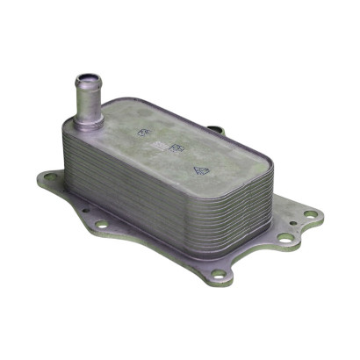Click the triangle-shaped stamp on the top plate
coord(200,172)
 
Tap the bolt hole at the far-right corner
coord(310,214)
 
